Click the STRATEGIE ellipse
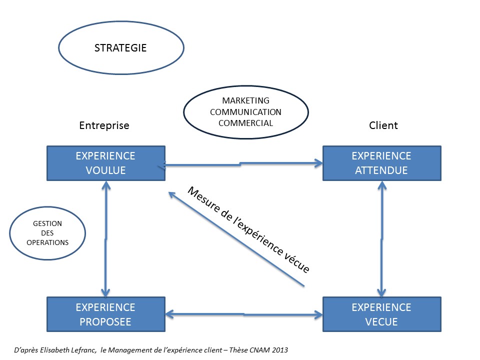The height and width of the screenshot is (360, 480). coord(120,48)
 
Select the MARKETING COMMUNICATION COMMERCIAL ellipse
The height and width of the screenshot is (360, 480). coord(245,112)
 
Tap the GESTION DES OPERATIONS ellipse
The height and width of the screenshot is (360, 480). coord(47,233)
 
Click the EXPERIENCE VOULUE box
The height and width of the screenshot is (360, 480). coord(105,163)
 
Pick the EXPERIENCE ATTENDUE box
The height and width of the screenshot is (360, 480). coord(381,163)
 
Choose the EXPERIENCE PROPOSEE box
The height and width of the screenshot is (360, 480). coord(105,314)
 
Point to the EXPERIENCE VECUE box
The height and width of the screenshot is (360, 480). coord(381,314)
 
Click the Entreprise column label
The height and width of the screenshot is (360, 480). coord(104,125)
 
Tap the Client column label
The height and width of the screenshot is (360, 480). coord(383,125)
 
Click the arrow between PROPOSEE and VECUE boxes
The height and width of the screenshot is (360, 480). coord(244,314)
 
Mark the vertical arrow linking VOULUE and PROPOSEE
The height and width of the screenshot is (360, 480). coord(105,239)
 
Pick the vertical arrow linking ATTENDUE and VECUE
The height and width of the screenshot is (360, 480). coord(382,239)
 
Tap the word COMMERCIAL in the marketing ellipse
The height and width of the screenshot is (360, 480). coord(248,123)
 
